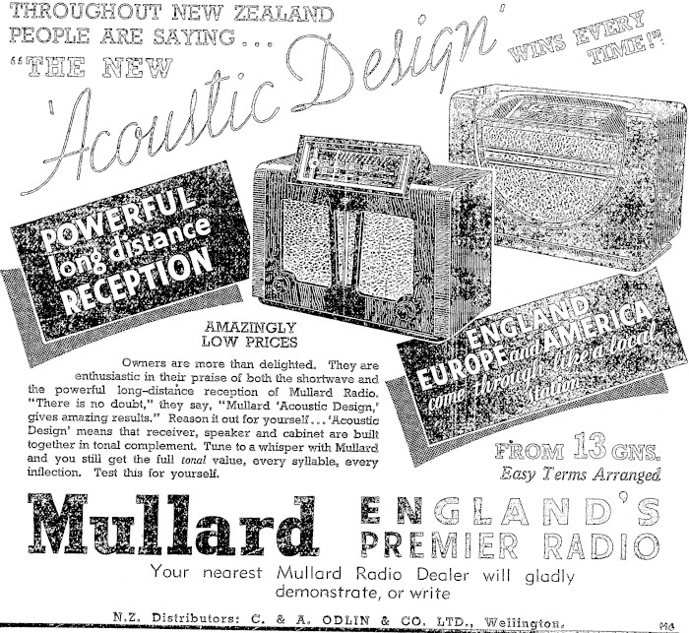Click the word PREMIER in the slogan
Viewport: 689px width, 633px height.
point(428,544)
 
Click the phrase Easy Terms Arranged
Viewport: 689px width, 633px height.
point(580,476)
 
